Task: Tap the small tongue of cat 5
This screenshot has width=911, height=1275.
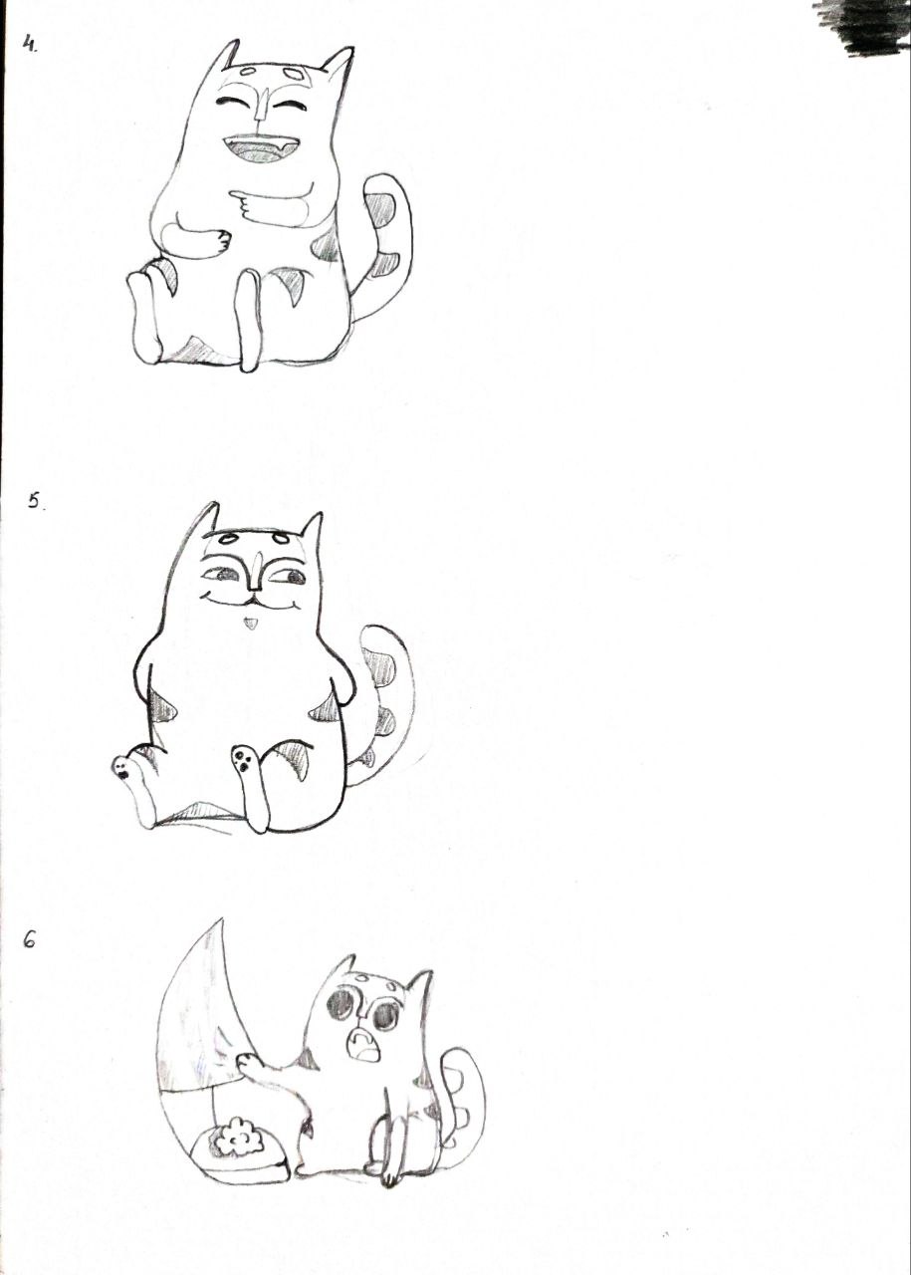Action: click(x=249, y=625)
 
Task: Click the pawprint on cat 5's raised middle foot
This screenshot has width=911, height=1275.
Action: click(x=242, y=758)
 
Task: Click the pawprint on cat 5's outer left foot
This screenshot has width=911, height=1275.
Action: click(x=121, y=767)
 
